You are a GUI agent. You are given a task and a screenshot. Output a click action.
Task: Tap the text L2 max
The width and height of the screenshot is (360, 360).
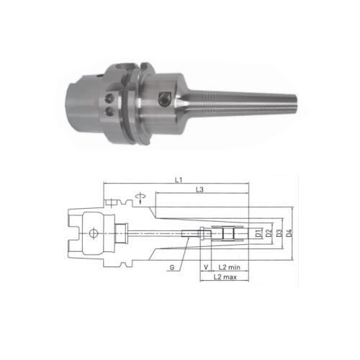[226, 278]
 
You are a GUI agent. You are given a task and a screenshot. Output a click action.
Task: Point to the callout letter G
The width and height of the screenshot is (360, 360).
[172, 267]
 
